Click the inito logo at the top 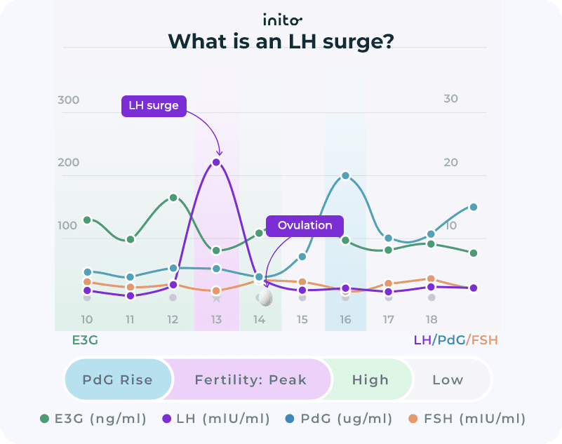click(x=283, y=20)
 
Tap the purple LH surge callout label click(x=154, y=106)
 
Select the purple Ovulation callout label click(x=305, y=225)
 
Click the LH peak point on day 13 click(x=216, y=162)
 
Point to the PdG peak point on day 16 click(x=345, y=175)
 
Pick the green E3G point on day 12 click(x=173, y=198)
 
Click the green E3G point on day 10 click(x=87, y=220)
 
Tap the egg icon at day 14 click(x=266, y=297)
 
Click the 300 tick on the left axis click(x=69, y=100)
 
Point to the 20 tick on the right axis click(x=450, y=162)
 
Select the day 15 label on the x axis click(x=302, y=319)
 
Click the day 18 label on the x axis click(x=431, y=319)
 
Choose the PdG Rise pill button click(x=118, y=379)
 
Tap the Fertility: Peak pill click(x=250, y=379)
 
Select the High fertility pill click(x=370, y=379)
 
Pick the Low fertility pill click(x=448, y=379)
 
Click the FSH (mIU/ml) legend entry click(x=467, y=419)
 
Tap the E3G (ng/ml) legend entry click(x=93, y=419)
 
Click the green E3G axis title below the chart click(x=85, y=340)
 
